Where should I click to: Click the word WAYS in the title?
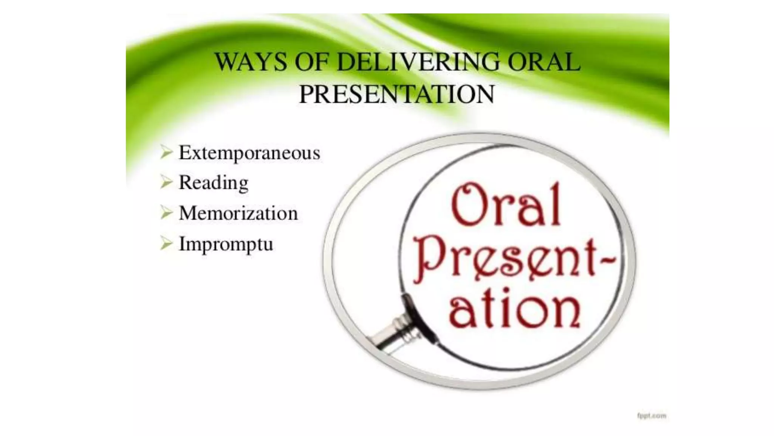click(251, 62)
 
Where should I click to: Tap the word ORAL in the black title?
click(543, 62)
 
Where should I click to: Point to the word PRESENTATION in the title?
click(396, 94)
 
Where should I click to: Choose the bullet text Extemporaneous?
click(249, 153)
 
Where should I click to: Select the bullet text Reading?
click(213, 183)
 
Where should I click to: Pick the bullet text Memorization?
click(238, 213)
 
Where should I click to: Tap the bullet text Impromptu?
click(226, 244)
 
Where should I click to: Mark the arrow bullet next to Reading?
click(166, 182)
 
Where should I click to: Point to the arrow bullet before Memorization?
click(166, 212)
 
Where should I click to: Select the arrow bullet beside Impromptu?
click(166, 243)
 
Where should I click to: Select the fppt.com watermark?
click(652, 416)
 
